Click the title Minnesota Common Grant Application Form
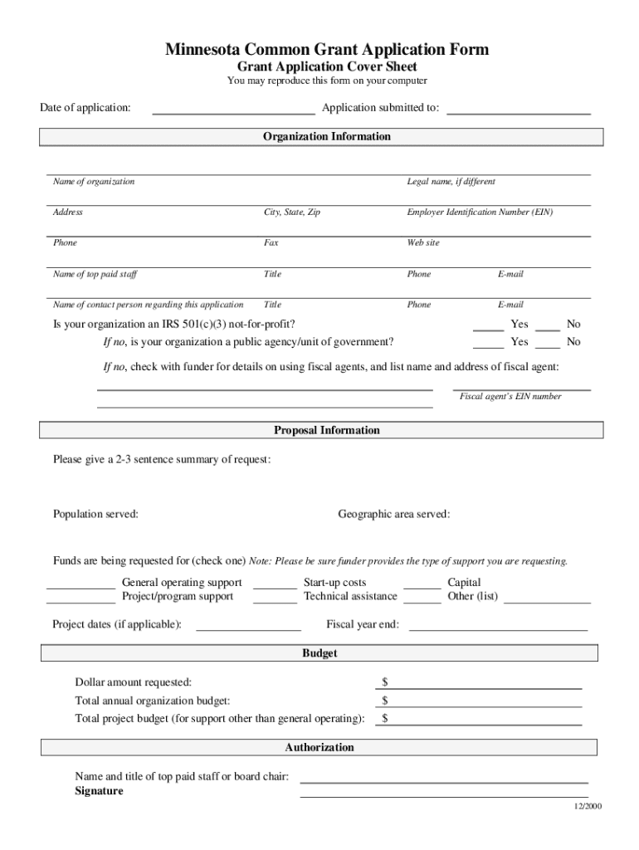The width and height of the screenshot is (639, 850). (x=326, y=50)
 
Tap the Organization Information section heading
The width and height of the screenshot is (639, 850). (x=326, y=136)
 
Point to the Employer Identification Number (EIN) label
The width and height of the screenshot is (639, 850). (x=479, y=212)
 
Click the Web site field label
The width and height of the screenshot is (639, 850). (x=422, y=243)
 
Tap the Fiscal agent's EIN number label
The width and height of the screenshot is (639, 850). (x=510, y=397)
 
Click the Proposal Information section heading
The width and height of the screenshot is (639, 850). (x=326, y=430)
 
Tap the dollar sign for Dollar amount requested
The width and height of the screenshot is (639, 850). (x=385, y=682)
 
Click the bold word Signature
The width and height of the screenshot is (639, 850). (x=99, y=791)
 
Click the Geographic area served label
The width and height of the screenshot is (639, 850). (x=393, y=515)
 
